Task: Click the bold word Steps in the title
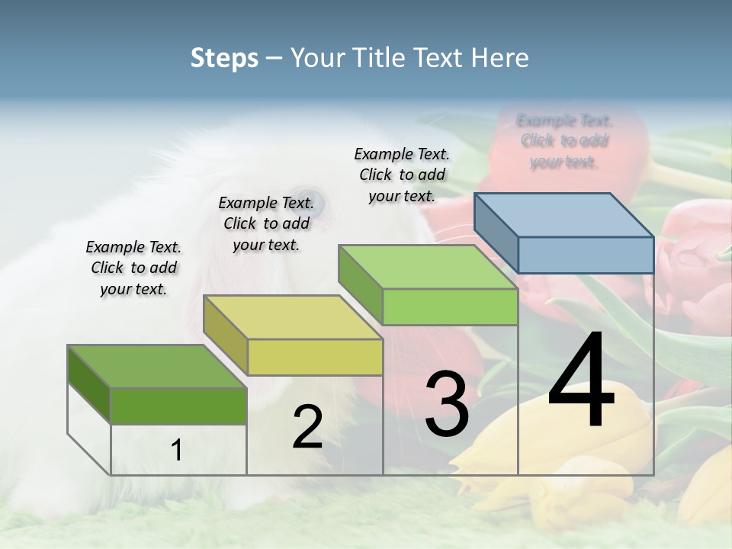[x=224, y=58]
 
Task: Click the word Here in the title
[x=499, y=58]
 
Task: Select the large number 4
[x=581, y=381]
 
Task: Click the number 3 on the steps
[x=447, y=403]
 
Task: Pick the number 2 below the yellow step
[x=307, y=427]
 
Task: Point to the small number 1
[x=177, y=451]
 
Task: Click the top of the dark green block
[x=157, y=367]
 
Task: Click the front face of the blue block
[x=586, y=255]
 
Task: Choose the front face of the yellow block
[x=315, y=357]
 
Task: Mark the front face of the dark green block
[x=178, y=406]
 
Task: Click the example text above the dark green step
[x=133, y=268]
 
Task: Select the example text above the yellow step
[x=266, y=223]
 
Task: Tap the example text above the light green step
[x=402, y=175]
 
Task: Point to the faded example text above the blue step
[x=564, y=141]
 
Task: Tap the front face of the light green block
[x=450, y=307]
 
